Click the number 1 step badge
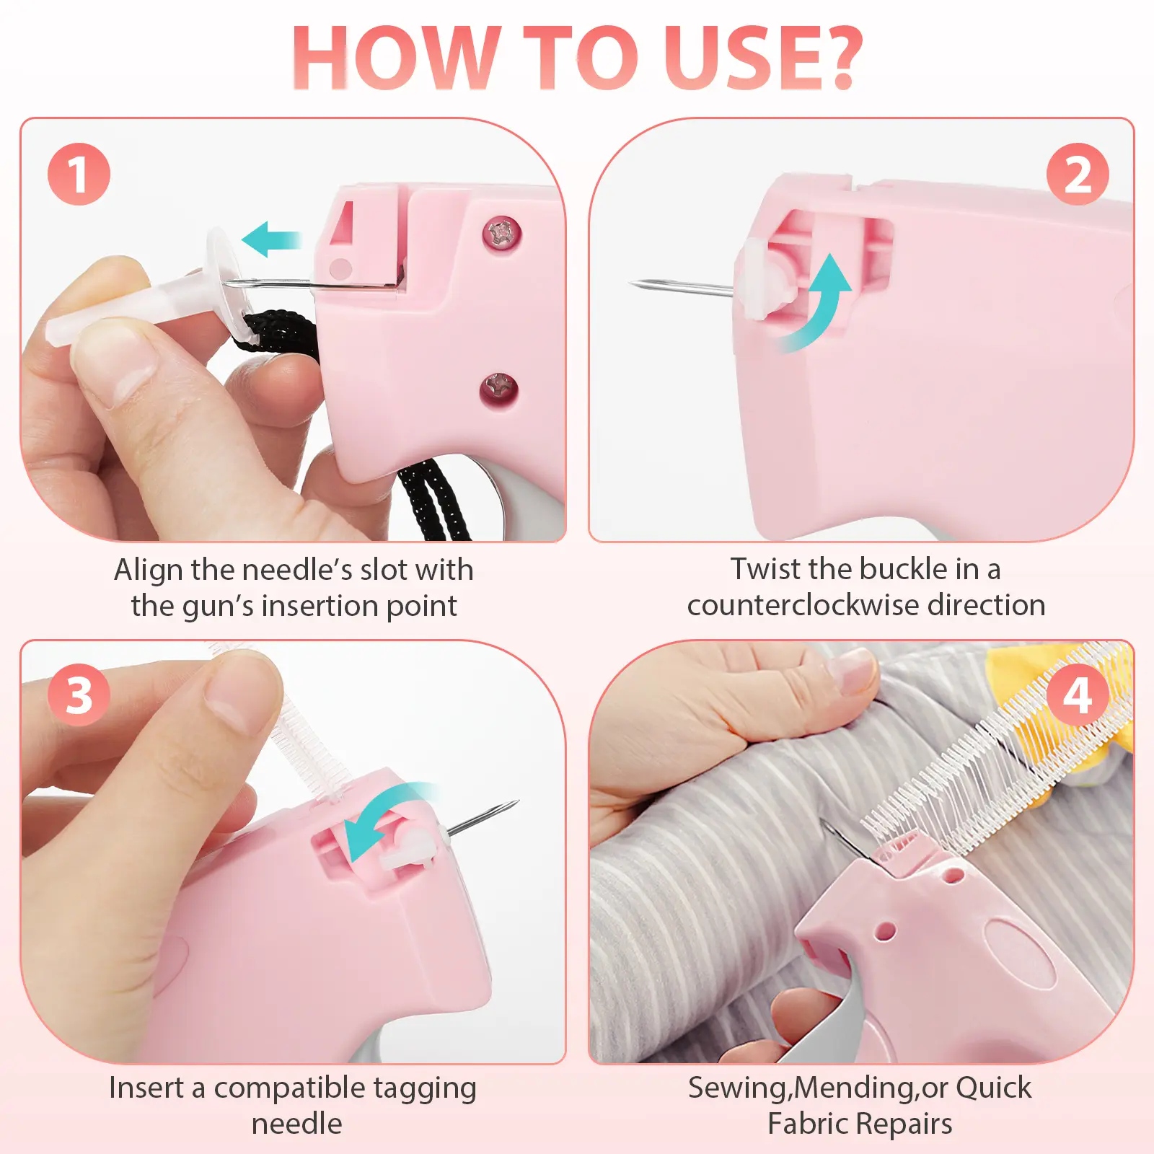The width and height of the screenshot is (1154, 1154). pyautogui.click(x=79, y=174)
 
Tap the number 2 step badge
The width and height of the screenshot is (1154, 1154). pyautogui.click(x=1078, y=174)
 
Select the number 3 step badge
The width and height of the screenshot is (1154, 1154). pyautogui.click(x=79, y=695)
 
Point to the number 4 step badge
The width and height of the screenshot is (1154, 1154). pyautogui.click(x=1078, y=695)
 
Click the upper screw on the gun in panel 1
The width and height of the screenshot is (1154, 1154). pyautogui.click(x=502, y=233)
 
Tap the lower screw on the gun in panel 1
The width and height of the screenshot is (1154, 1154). pyautogui.click(x=499, y=390)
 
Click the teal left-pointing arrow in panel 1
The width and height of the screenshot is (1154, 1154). pyautogui.click(x=270, y=239)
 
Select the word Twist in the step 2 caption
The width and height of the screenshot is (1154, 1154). pyautogui.click(x=765, y=569)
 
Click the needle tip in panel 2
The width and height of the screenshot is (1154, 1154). pyautogui.click(x=632, y=283)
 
